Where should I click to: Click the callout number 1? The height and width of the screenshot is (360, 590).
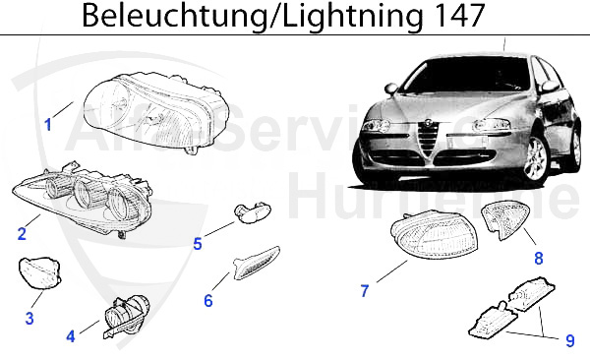click(47, 125)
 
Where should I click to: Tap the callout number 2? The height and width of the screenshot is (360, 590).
click(22, 233)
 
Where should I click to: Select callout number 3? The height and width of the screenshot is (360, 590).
click(29, 318)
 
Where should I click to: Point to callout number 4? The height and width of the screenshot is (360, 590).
click(71, 336)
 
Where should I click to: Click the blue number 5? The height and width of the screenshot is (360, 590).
click(198, 244)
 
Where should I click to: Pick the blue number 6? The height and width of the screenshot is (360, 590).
click(207, 300)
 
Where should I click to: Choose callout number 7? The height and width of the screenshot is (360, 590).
click(365, 290)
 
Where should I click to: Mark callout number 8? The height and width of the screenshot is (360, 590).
click(538, 259)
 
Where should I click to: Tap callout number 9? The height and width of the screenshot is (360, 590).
click(569, 341)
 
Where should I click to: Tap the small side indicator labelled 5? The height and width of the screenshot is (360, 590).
click(245, 213)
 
